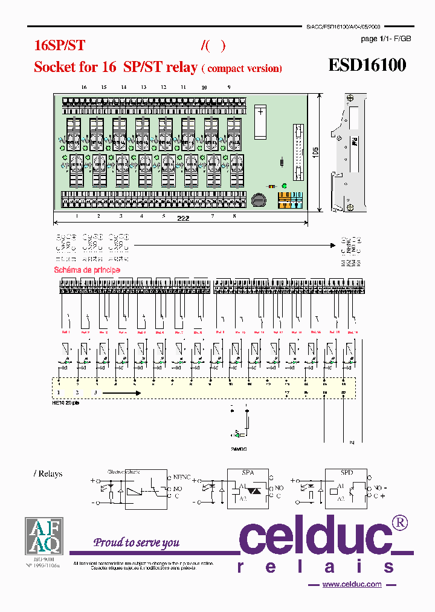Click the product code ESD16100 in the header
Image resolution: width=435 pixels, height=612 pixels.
pos(367,65)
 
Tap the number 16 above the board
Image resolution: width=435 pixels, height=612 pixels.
pos(84,88)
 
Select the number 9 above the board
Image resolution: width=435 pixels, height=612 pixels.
pos(229,88)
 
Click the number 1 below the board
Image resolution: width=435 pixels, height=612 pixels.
pos(77,216)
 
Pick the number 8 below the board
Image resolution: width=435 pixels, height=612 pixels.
pos(234,216)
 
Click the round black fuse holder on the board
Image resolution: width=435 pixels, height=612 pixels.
pos(259,199)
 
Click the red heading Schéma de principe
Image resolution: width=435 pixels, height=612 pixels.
pos(87,270)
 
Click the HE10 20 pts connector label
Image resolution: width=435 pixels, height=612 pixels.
pos(67,401)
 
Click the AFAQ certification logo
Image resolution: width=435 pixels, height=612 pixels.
pos(43,536)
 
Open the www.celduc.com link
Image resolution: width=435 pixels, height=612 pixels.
pos(352,584)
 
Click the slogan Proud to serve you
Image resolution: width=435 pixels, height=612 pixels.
pos(136,542)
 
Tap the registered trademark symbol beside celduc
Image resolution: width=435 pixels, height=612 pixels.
pos(400,522)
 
